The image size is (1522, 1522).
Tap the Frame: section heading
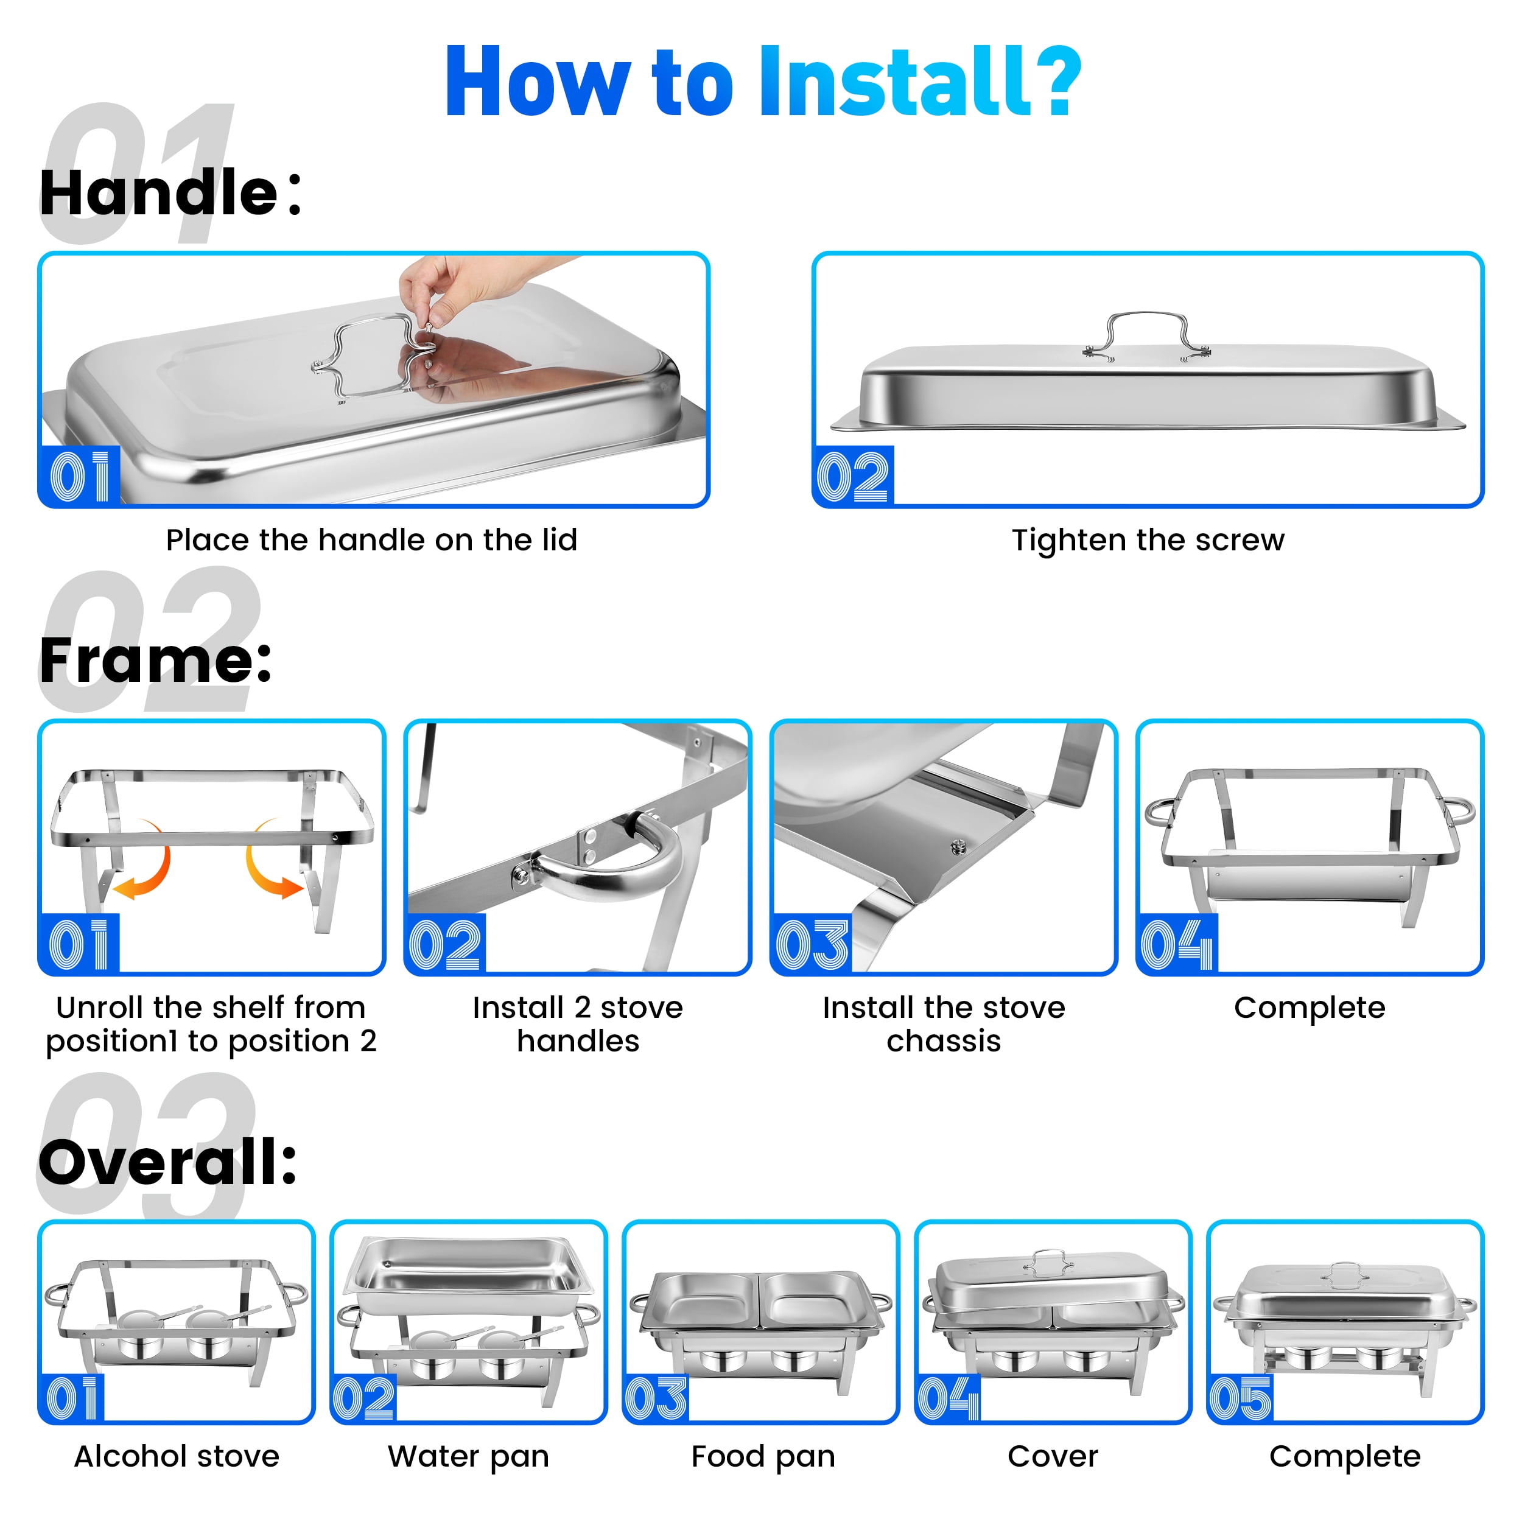pos(156,660)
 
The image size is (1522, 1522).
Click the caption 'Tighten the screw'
pos(1148,541)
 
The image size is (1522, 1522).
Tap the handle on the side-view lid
pos(1146,335)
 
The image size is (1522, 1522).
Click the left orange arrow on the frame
pos(145,862)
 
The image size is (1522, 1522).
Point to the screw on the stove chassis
pos(958,847)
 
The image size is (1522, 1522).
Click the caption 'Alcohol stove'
pos(177,1457)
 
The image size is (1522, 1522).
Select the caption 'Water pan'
pos(469,1457)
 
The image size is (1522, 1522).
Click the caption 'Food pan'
pos(763,1457)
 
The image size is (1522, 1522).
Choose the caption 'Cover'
pos(1053,1457)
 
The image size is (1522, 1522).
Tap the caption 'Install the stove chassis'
pos(944,1024)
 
